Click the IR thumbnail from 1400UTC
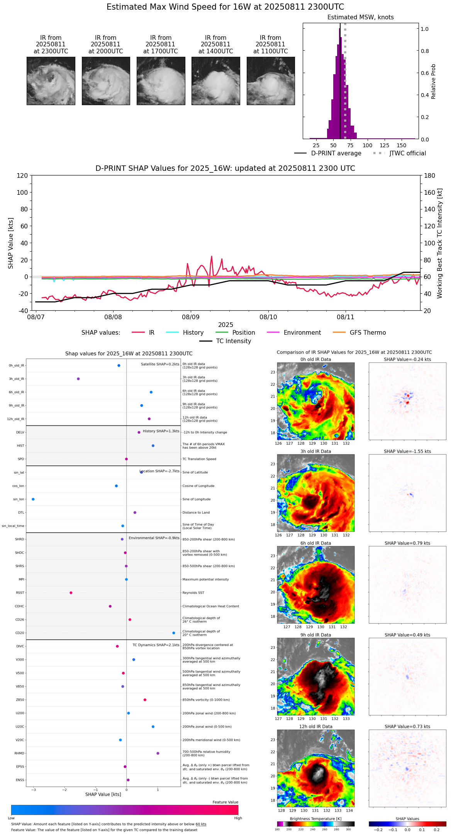[215, 81]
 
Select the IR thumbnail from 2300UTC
[51, 81]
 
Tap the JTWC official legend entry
[407, 153]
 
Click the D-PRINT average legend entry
[336, 153]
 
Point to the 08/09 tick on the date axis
[191, 317]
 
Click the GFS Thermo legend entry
[368, 333]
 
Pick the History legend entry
[193, 333]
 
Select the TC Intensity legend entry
[233, 341]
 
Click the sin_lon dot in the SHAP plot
[33, 499]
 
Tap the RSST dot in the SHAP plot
[71, 593]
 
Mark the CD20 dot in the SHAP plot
[174, 633]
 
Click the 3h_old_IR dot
[78, 379]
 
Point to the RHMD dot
[158, 753]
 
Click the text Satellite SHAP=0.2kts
[160, 364]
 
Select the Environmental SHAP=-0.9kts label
[154, 538]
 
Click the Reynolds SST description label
[193, 593]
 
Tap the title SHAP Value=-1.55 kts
[407, 451]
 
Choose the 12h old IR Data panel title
[315, 727]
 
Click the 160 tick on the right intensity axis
[430, 192]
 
